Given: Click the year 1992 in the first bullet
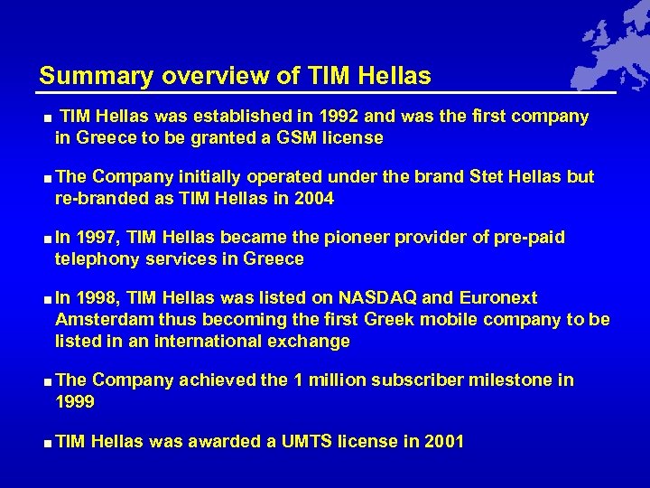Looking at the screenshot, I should (x=345, y=117).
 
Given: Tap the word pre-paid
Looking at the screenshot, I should (x=532, y=238).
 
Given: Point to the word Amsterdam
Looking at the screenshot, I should (x=99, y=320).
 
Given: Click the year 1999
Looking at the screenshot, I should (x=74, y=402).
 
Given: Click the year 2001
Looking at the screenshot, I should (x=444, y=442).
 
